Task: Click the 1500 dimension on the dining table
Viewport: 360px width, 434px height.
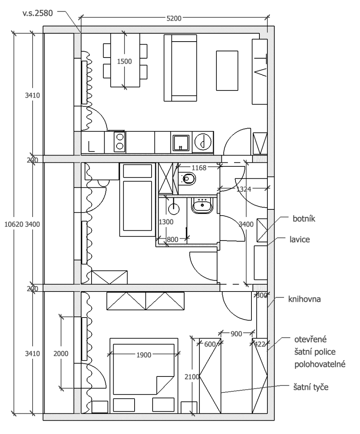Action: click(125, 61)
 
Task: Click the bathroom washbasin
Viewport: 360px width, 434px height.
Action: click(203, 205)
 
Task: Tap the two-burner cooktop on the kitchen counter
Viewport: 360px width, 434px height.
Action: click(120, 141)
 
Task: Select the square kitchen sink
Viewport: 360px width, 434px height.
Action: click(180, 142)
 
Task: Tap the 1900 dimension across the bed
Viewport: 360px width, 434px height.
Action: click(144, 355)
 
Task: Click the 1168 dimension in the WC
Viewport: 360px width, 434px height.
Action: click(199, 168)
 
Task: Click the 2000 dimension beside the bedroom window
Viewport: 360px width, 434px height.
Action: click(60, 353)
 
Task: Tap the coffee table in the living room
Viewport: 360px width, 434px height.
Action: click(227, 71)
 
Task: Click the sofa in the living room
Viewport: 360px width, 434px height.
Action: click(181, 68)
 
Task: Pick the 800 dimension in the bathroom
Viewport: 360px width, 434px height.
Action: click(173, 239)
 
